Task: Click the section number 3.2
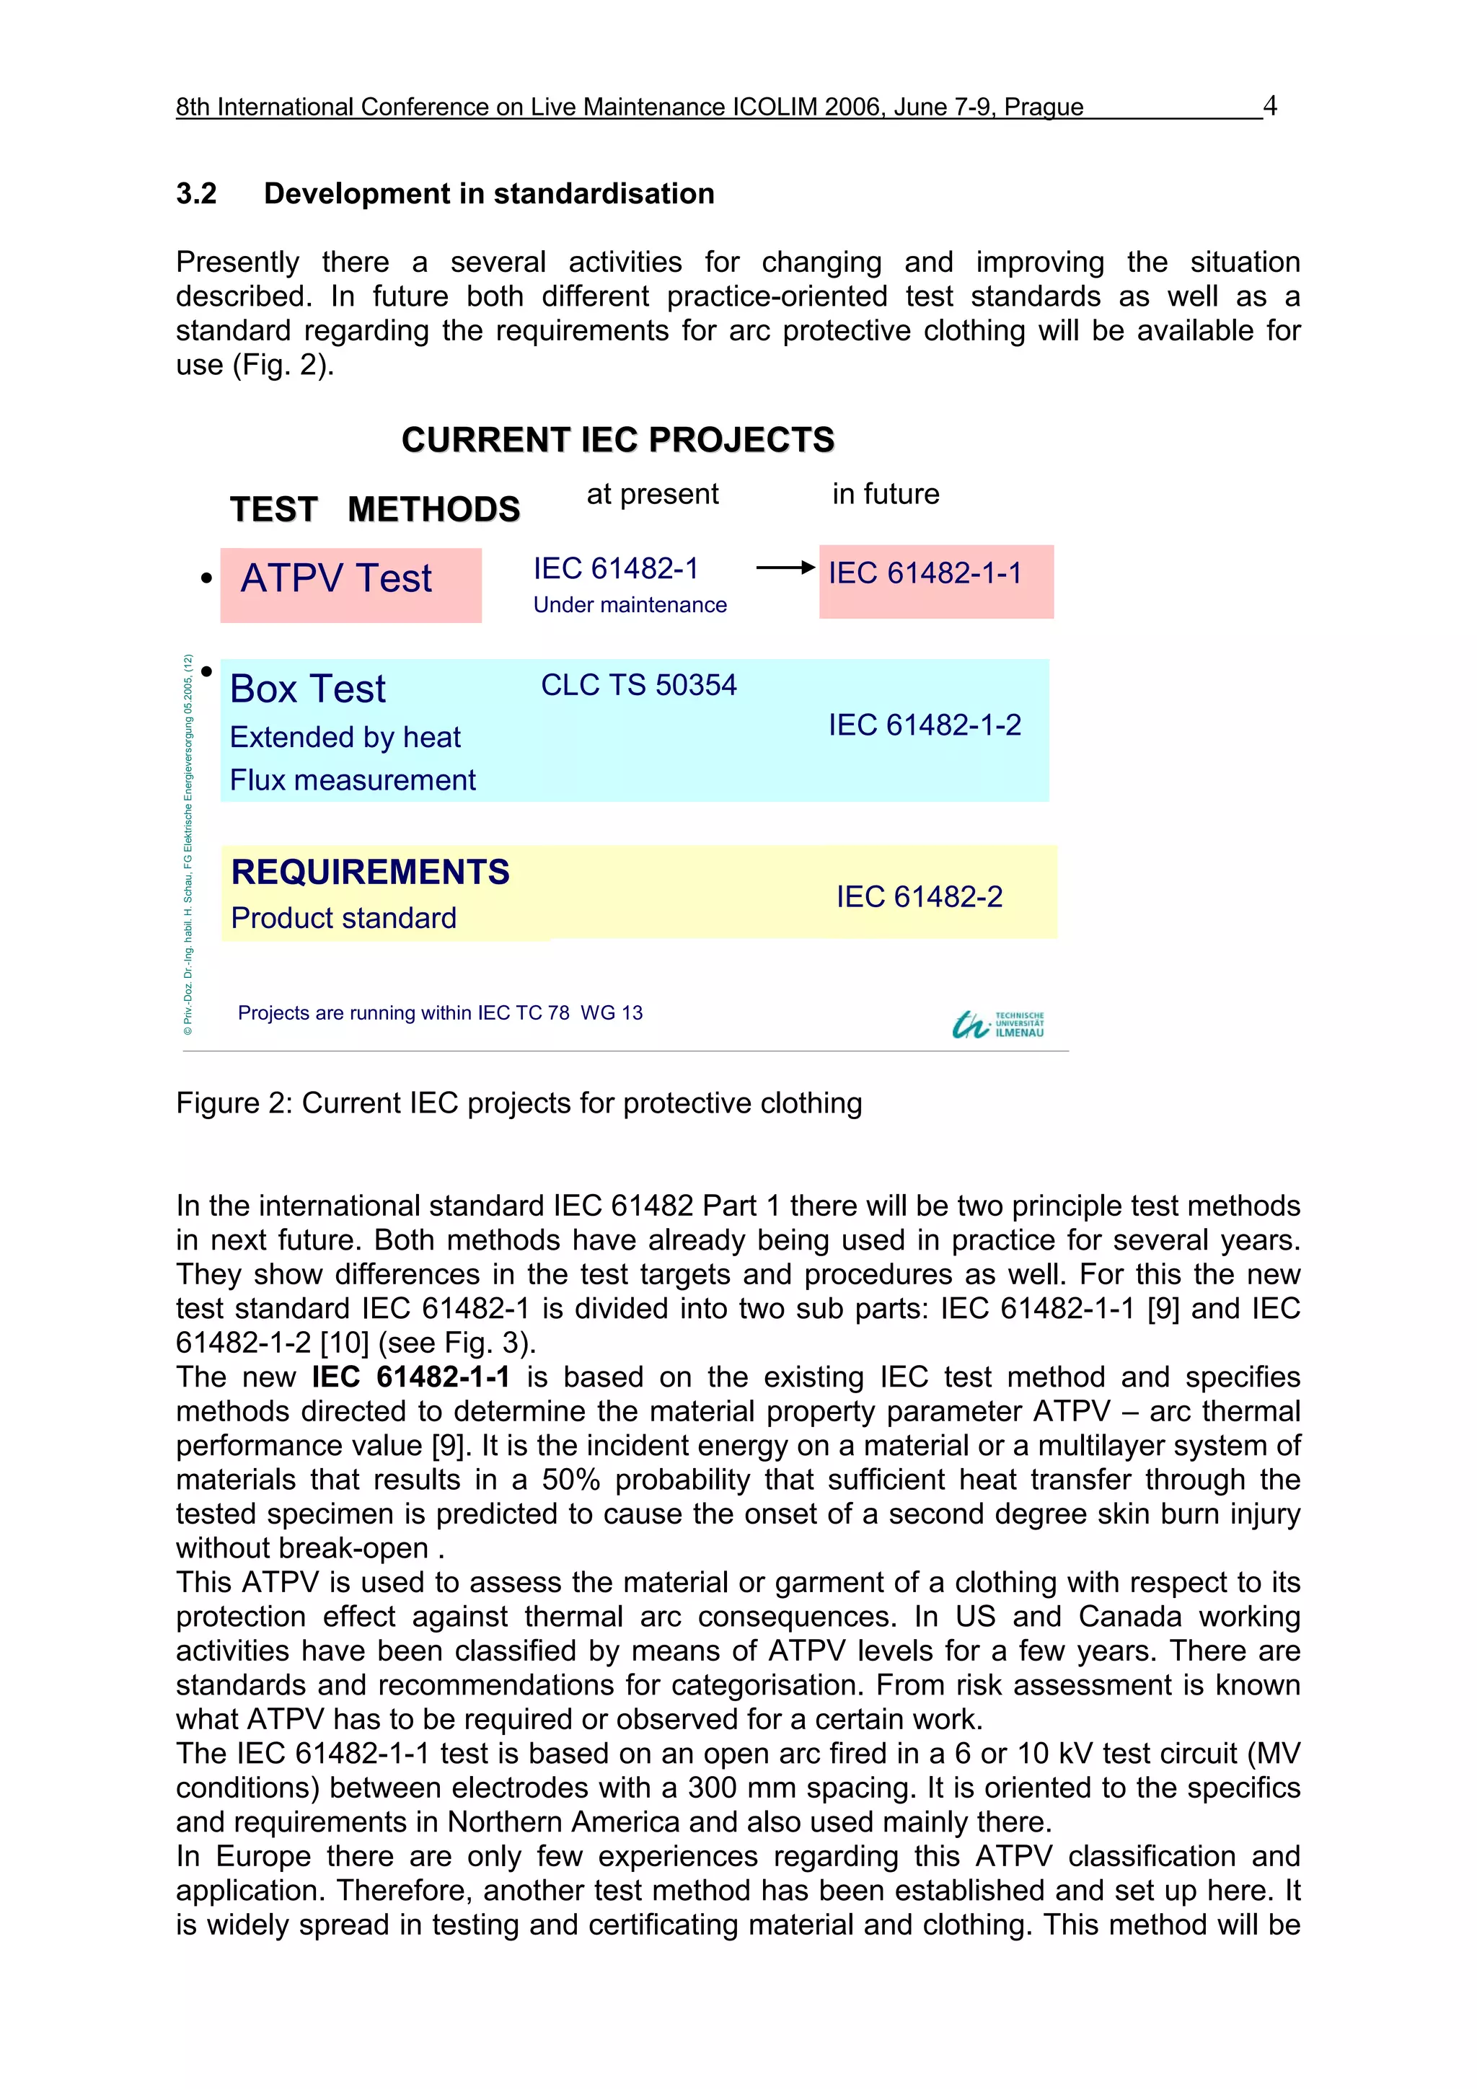(197, 194)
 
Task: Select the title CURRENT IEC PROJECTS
(618, 439)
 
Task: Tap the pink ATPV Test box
(350, 584)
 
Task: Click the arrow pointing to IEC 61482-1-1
(785, 567)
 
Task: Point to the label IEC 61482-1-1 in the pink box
(925, 573)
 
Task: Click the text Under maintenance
(630, 605)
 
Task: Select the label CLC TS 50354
(638, 685)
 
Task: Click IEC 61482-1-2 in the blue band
(925, 725)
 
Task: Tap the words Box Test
(308, 689)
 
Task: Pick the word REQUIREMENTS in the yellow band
(371, 872)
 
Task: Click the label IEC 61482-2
(919, 897)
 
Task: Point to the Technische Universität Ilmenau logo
(998, 1025)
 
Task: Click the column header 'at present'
(653, 494)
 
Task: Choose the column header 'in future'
(886, 494)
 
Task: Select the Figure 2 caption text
(519, 1103)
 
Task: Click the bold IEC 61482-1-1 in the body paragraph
(410, 1377)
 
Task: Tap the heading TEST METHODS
(375, 510)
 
